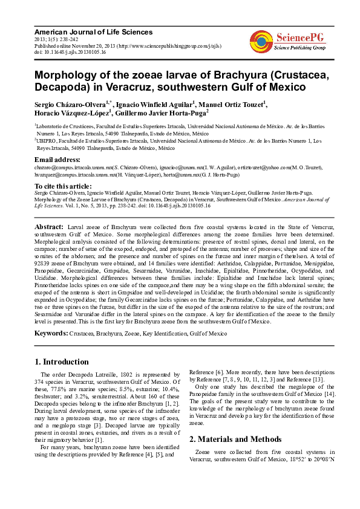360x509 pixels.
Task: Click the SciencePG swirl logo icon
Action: [261, 41]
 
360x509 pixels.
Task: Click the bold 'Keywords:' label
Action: [51, 333]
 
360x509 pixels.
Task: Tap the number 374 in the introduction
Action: [41, 382]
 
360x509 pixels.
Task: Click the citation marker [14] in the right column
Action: [331, 395]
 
